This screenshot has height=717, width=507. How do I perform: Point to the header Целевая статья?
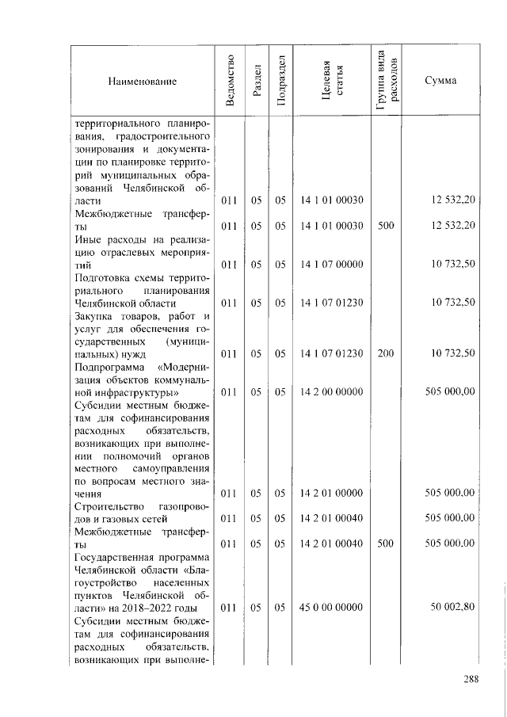tap(330, 80)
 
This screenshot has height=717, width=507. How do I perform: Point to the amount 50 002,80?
tap(452, 607)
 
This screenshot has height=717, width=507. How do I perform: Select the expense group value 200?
tap(385, 353)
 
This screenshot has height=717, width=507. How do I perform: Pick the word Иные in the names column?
tap(87, 239)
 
